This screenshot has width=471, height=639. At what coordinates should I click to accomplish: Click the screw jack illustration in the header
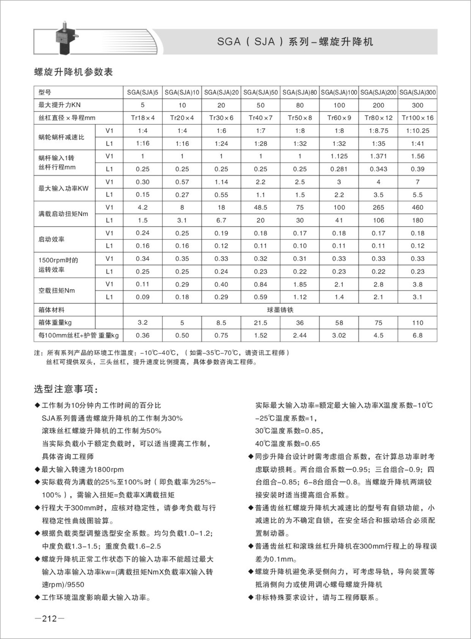tap(64, 38)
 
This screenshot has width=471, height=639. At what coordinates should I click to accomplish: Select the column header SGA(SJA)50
tap(260, 92)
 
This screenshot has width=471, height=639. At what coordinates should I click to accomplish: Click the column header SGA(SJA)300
tap(418, 92)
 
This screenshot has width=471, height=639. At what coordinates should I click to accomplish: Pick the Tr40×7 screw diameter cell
tap(260, 118)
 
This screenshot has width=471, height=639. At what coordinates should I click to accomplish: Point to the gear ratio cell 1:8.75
tap(379, 131)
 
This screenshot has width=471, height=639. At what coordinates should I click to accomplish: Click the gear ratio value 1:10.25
tap(418, 131)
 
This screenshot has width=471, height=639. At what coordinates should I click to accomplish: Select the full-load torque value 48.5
tap(260, 207)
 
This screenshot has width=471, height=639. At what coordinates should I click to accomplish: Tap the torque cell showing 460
tap(418, 207)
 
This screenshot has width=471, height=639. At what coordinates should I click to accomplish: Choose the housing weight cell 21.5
tap(260, 323)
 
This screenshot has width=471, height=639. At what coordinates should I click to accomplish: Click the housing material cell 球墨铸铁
tap(280, 310)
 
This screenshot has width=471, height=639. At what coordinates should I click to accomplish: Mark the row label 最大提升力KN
tap(59, 105)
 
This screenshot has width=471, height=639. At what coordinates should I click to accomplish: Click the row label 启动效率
tap(52, 239)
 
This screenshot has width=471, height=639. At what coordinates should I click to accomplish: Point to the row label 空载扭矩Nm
tap(57, 291)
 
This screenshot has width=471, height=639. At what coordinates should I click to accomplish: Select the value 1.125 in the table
tap(339, 156)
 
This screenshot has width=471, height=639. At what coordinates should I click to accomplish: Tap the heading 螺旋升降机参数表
tap(74, 72)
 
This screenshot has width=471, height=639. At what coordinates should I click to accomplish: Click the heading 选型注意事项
tap(66, 389)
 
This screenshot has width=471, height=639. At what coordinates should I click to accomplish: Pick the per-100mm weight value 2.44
tap(300, 336)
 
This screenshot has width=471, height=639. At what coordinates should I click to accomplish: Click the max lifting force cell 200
tap(379, 105)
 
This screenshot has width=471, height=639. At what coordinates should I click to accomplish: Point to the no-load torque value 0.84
tap(260, 284)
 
